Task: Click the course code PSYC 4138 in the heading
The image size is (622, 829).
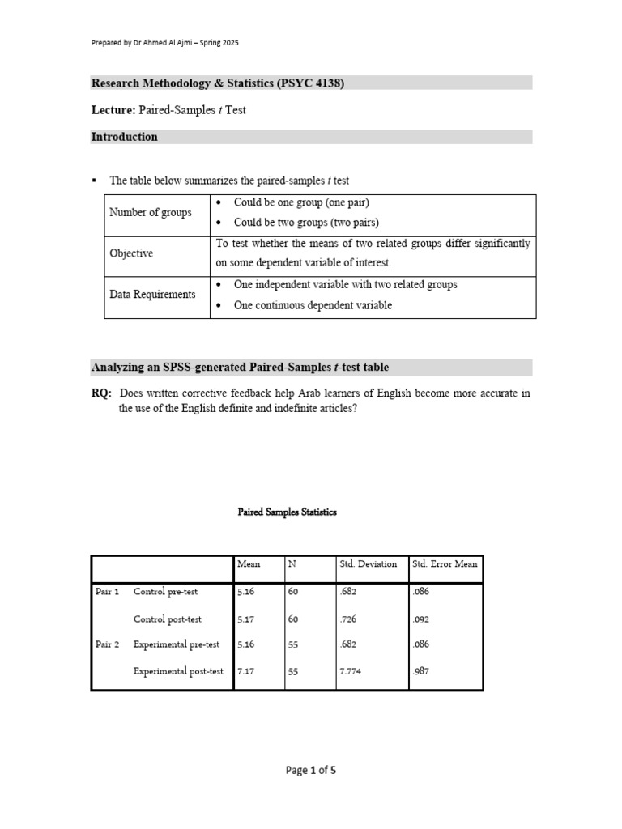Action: tap(311, 83)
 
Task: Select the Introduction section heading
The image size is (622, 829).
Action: tap(124, 137)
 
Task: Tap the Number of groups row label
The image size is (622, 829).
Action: tap(151, 212)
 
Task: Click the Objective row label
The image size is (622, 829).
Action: tap(131, 253)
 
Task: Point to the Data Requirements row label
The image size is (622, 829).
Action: tap(152, 295)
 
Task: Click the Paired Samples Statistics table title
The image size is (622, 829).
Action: tap(287, 512)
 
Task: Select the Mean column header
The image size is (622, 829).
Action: tap(249, 563)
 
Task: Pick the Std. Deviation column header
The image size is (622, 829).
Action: tap(369, 563)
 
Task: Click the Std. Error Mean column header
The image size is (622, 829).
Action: tap(445, 563)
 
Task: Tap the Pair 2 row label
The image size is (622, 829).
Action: tap(108, 644)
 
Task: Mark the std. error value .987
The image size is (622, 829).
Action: tap(422, 671)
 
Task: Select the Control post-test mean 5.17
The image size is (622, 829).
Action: tap(245, 619)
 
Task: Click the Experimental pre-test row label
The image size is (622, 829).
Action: tap(177, 644)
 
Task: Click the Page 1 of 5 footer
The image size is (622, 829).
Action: tap(311, 770)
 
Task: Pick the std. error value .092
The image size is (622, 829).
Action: tap(422, 619)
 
